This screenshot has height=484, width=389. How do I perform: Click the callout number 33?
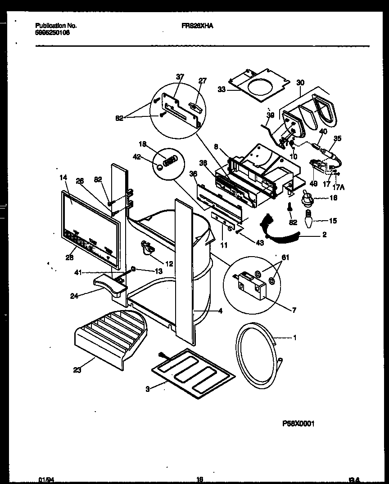point(221,90)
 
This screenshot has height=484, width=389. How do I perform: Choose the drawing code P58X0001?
point(298,423)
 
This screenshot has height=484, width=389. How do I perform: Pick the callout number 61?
point(285,258)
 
